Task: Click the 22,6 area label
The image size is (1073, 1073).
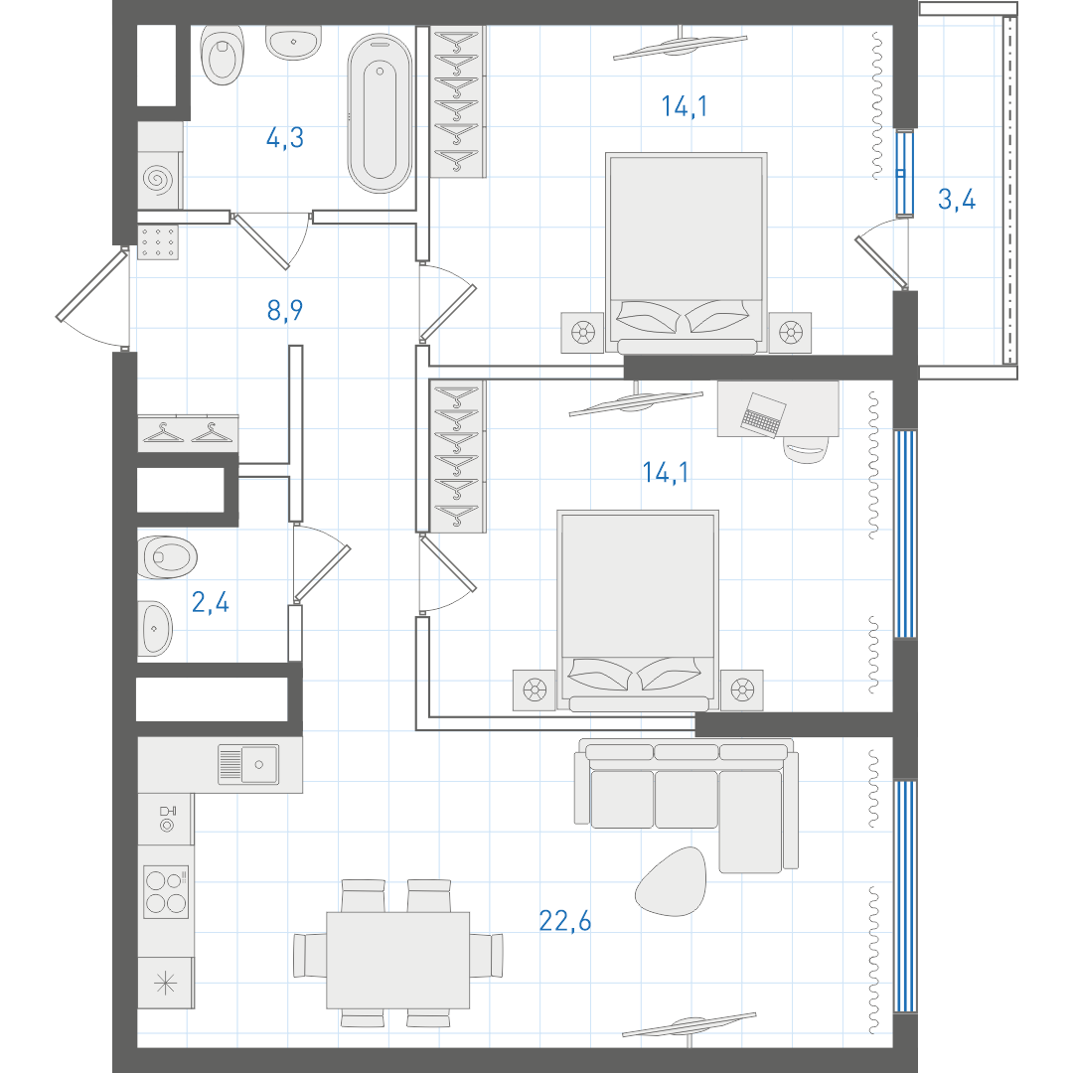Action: point(564,921)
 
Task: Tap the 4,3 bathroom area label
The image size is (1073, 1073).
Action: point(285,137)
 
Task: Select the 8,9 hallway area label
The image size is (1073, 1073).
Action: point(285,310)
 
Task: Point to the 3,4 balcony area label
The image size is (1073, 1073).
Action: point(957,199)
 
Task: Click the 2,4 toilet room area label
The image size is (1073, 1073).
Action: point(210,602)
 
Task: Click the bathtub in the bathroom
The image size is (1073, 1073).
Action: point(380,113)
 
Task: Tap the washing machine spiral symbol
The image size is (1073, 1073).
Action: point(158,179)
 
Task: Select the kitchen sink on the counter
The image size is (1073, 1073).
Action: point(248,764)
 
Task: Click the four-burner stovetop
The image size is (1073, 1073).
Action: point(166,891)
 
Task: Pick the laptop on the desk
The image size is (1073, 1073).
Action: point(763,414)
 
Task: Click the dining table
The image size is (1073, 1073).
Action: point(397,960)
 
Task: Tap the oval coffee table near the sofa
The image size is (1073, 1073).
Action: point(671,881)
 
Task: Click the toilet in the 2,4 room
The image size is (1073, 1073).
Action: point(168,557)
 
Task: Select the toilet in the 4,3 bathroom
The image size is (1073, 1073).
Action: point(223,55)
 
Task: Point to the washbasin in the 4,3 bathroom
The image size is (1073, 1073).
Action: point(293,43)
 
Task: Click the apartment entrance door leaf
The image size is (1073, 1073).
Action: point(91,286)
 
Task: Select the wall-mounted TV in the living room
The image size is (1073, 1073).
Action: point(690,1025)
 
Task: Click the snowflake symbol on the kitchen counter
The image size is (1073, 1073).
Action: point(166,984)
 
